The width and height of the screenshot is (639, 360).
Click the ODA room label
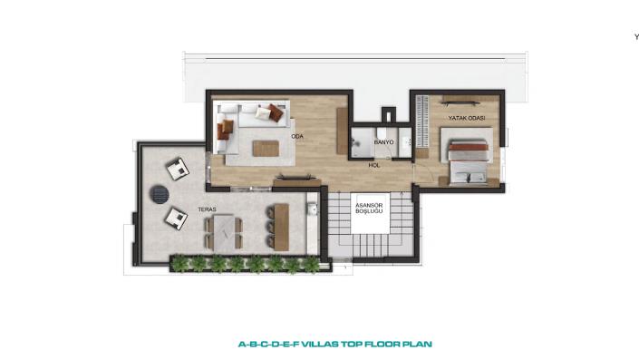click(x=297, y=137)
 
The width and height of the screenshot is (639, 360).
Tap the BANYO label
click(x=384, y=142)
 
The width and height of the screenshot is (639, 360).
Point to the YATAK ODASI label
click(x=467, y=118)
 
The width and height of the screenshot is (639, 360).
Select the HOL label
click(x=374, y=166)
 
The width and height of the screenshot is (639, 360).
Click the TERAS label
click(x=207, y=209)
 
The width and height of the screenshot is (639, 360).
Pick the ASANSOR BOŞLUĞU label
click(x=369, y=209)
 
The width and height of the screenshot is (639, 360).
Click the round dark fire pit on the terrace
click(x=159, y=194)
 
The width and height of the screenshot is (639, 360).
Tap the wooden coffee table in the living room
click(x=266, y=149)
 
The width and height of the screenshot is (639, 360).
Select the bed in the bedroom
click(x=468, y=163)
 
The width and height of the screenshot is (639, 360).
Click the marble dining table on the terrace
click(x=223, y=232)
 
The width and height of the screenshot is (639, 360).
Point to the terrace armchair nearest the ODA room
click(x=178, y=169)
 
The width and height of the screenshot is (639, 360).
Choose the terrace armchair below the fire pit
click(x=176, y=219)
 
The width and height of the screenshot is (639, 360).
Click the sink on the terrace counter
click(x=313, y=209)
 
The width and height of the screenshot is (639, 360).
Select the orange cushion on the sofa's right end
click(x=276, y=113)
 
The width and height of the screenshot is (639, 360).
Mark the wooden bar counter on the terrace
click(x=281, y=227)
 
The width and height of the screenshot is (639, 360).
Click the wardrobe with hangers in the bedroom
click(x=421, y=122)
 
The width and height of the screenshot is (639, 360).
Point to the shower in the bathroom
click(x=362, y=141)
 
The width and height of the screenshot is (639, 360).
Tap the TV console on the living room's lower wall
click(x=296, y=180)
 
